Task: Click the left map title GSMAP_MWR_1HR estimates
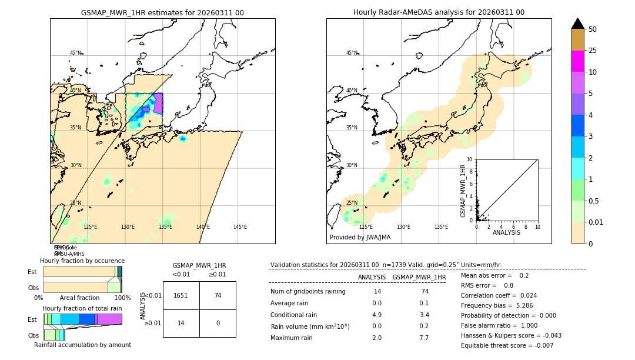coord(162,12)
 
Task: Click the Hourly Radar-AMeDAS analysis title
coord(439,12)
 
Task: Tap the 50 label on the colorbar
coord(593,29)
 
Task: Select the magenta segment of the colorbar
coord(577,61)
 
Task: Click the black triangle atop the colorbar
coord(577,24)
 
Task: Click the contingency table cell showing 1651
coord(181,295)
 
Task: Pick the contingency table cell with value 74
coord(218,295)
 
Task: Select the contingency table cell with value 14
coord(181,323)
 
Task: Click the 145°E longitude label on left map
coord(240,227)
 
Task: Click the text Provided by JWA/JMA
coord(360,238)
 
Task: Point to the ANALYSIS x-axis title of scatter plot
coord(506,232)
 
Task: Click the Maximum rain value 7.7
coord(423,338)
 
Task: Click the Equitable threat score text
coord(507,345)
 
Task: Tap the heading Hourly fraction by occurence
coord(82,261)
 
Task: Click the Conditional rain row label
coord(295,315)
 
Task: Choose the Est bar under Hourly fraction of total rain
coord(82,319)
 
